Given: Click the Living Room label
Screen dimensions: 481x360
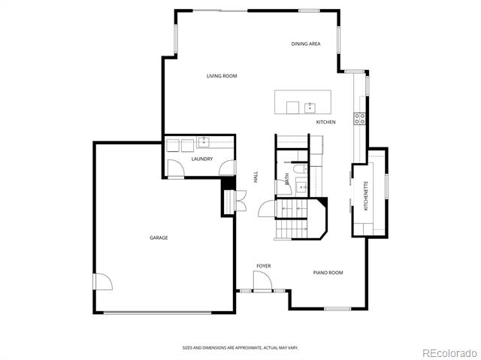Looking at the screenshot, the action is tap(222, 76).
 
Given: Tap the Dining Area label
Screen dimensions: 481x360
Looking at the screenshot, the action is tap(306, 44).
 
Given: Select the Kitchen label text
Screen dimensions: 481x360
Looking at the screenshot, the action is tap(325, 122).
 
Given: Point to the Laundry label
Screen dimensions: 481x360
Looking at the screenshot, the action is tap(202, 159).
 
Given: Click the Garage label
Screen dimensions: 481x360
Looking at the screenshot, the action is tap(159, 237).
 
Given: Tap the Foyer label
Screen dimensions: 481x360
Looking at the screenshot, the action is tap(264, 266).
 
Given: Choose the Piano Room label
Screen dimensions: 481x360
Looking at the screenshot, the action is tap(328, 272).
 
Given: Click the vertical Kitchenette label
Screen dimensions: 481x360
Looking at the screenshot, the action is tap(366, 195).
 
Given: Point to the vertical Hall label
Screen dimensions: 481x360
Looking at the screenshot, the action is tap(256, 177).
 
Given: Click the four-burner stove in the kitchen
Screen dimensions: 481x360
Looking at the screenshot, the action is tap(359, 119).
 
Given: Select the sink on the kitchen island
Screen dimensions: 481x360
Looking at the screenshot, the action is tap(310, 108).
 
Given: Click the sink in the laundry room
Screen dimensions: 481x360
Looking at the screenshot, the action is tap(204, 142).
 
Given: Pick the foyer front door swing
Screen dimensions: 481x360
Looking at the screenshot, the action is tap(262, 281).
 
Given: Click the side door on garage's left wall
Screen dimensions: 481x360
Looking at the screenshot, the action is tap(103, 282).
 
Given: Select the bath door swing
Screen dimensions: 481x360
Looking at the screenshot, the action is tap(284, 187).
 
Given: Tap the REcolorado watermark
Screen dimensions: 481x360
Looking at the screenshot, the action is tap(449, 353).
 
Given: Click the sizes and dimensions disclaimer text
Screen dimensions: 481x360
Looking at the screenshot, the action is tap(240, 348).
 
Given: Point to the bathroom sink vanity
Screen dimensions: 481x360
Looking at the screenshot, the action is tap(302, 186).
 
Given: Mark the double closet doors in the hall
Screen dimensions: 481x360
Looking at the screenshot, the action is tap(240, 201).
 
